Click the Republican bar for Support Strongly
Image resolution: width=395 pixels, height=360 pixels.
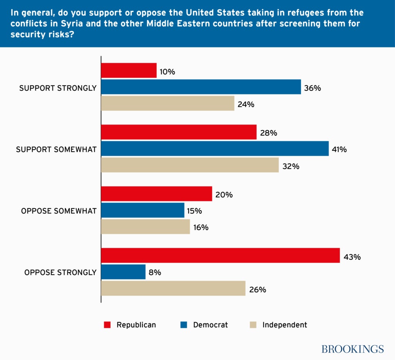pos(129,71)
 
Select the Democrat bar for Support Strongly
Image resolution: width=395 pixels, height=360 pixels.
pos(201,87)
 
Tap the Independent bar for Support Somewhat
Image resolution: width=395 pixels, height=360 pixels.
pos(190,165)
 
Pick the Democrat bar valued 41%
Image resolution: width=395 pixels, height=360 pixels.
pos(215,148)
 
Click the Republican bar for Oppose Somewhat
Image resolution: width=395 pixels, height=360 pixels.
pos(157,194)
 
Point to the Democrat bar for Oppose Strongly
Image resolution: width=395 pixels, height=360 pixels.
pos(123,272)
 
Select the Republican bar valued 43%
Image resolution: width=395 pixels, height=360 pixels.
pos(220,256)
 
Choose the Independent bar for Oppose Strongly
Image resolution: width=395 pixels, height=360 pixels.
pos(173,288)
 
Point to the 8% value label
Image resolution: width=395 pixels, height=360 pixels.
pos(155,273)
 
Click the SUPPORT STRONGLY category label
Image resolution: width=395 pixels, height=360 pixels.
pos(58,88)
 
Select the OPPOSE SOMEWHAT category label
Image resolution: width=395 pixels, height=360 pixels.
pos(59,211)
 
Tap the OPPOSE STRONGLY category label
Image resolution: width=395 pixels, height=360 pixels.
pos(60,273)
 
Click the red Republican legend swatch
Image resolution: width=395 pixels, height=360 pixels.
pos(107,325)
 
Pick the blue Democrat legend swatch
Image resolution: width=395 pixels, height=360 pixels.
pos(184,325)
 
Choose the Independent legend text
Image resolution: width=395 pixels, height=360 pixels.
pos(285,325)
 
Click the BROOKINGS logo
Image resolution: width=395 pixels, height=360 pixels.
pos(353,349)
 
